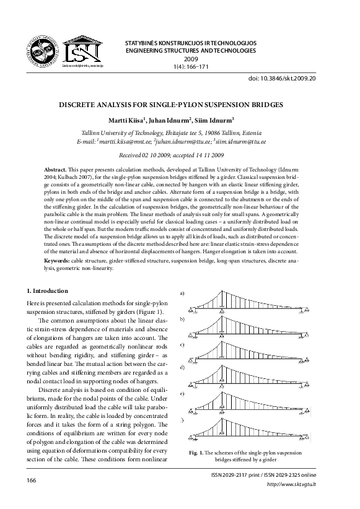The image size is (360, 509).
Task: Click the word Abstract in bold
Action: pos(56,169)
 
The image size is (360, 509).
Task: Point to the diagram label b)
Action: pos(182,319)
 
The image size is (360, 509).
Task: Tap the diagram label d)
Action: pos(182,368)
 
